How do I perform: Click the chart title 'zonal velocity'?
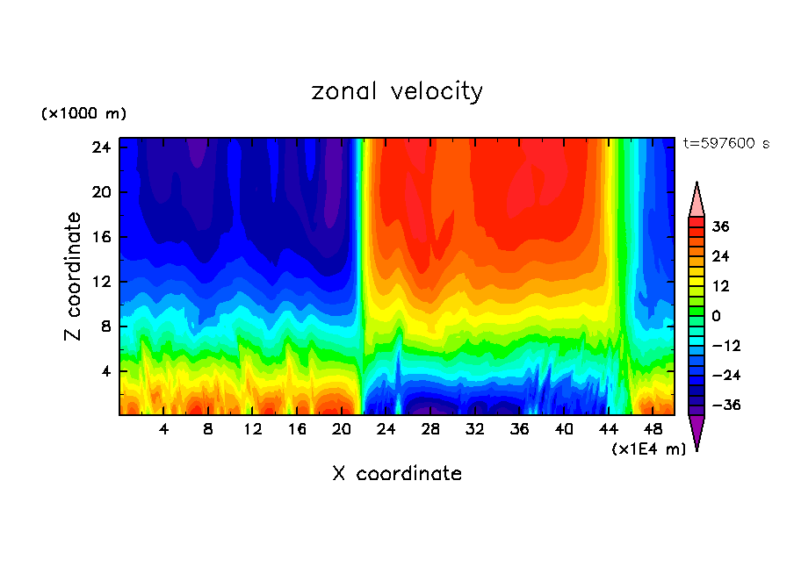coord(397,91)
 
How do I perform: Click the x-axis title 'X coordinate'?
coord(397,474)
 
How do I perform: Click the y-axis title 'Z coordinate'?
coord(74,276)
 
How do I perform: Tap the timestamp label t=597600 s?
coord(725,143)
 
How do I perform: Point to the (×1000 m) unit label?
coord(84,114)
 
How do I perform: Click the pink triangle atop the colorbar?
coord(697,201)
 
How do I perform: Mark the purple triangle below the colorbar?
coord(697,431)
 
